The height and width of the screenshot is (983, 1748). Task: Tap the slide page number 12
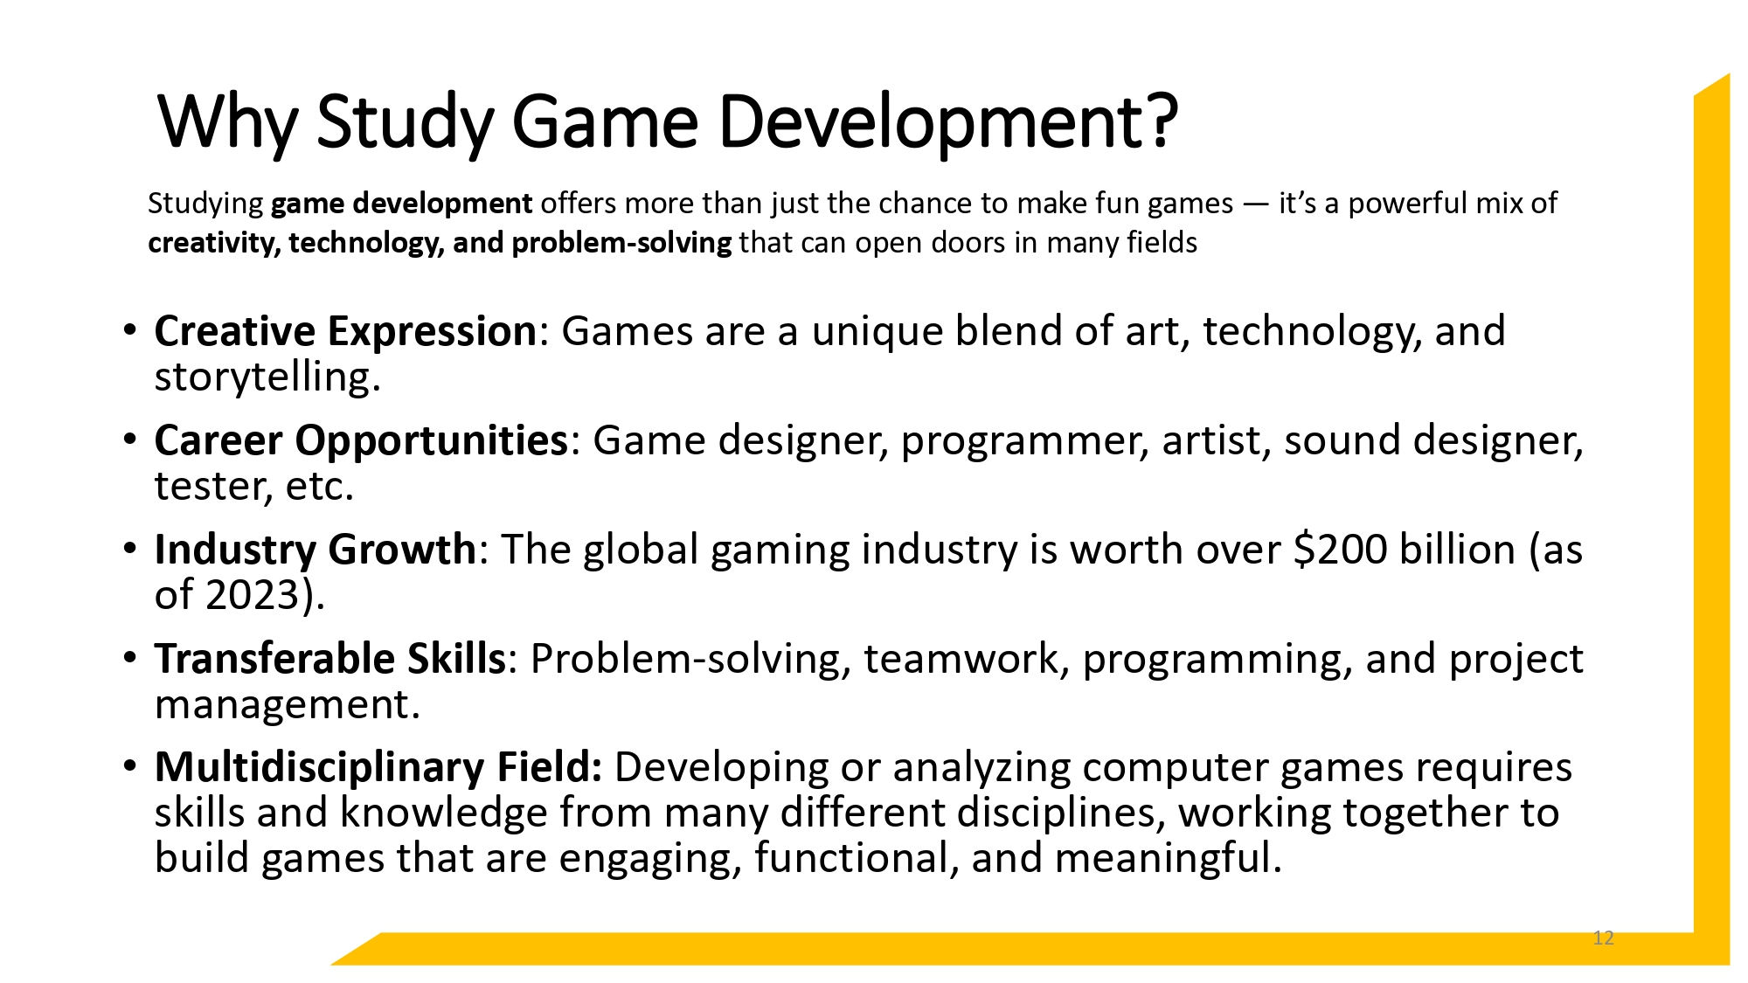(1603, 938)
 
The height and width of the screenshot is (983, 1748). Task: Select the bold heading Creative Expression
(345, 332)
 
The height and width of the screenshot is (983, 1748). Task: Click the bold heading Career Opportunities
(361, 440)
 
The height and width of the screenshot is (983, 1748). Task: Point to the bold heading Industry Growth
(315, 550)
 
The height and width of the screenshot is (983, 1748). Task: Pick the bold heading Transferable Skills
(329, 659)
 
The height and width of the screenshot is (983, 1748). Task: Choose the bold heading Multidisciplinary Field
(378, 767)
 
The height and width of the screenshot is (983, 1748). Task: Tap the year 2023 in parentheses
(253, 595)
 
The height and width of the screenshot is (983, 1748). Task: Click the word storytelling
(262, 377)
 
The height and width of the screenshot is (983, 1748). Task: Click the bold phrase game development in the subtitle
(401, 204)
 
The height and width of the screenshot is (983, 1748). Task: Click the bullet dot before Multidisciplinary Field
(130, 766)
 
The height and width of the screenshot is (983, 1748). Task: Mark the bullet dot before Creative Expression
(130, 330)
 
